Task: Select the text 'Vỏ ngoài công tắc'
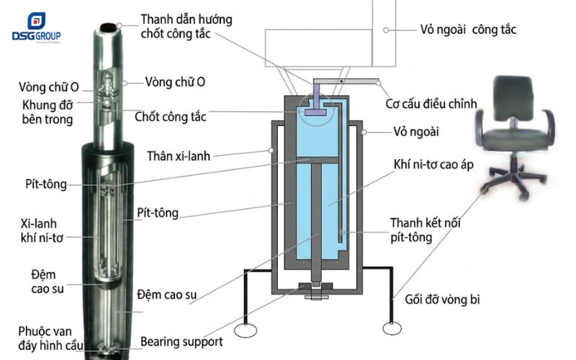click(468, 30)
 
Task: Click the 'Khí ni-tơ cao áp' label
click(435, 165)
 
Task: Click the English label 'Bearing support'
click(181, 341)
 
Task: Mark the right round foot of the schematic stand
click(392, 328)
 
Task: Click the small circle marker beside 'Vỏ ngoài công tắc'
click(387, 30)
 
